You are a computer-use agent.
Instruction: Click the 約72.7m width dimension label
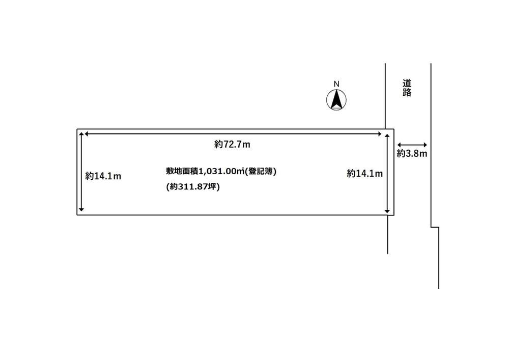click(232, 144)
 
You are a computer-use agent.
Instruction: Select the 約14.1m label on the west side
click(103, 176)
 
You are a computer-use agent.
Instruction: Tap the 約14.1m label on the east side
click(365, 173)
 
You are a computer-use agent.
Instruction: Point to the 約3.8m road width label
click(412, 153)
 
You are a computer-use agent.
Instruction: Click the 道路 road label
click(407, 88)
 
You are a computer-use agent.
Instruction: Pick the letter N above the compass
click(336, 84)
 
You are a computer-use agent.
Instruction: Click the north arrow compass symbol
click(336, 100)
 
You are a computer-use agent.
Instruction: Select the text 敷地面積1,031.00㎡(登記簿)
click(221, 171)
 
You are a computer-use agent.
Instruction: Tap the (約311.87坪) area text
click(193, 187)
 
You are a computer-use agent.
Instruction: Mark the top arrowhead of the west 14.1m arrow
click(81, 134)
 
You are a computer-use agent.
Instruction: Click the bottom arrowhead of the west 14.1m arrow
click(81, 209)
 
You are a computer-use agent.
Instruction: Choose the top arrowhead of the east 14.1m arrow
click(387, 136)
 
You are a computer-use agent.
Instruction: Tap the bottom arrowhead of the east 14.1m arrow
click(387, 211)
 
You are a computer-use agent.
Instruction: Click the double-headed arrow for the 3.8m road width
click(412, 145)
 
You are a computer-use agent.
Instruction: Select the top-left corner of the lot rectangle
click(77, 129)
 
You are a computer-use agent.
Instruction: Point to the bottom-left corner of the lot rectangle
click(77, 215)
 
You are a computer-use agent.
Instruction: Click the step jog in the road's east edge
click(435, 227)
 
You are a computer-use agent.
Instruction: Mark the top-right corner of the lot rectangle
click(394, 129)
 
